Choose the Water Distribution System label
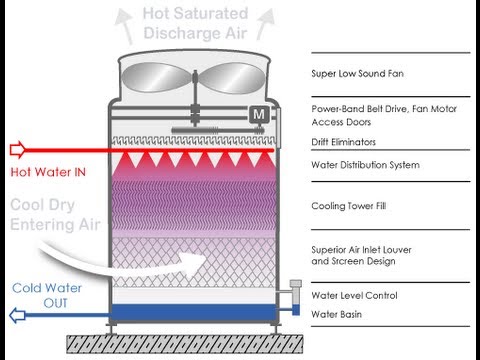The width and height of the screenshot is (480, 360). click(365, 165)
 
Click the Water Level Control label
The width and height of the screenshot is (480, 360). click(354, 296)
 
